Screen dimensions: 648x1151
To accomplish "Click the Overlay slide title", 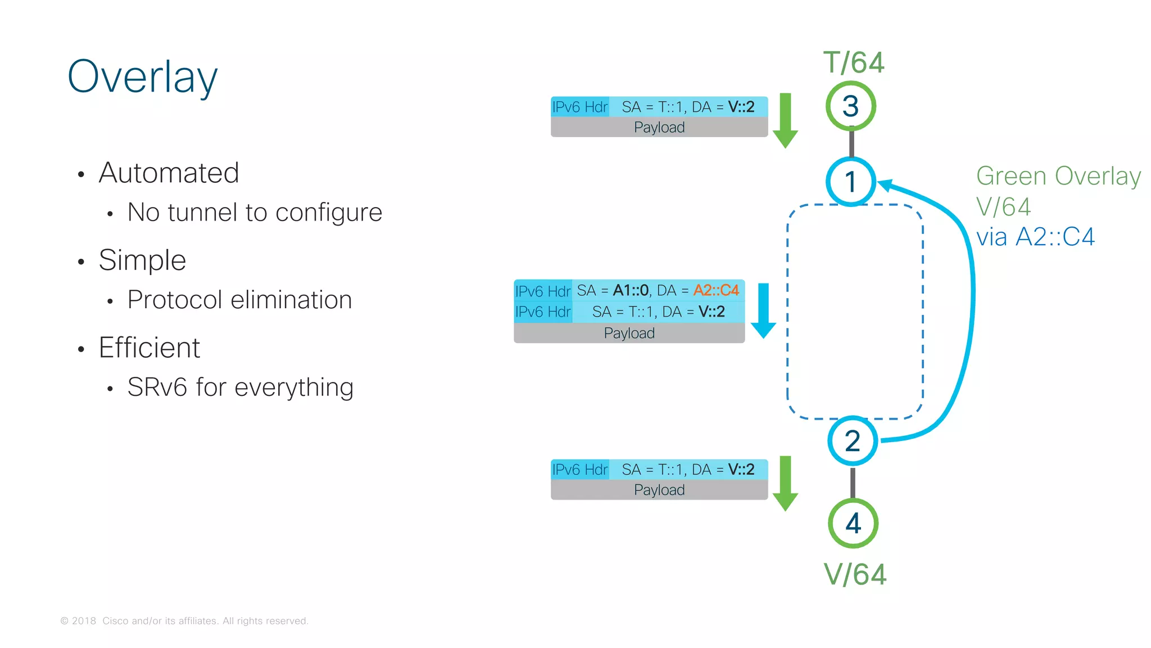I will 142,77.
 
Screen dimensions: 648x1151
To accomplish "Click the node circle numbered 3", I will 850,106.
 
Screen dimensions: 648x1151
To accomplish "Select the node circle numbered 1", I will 850,182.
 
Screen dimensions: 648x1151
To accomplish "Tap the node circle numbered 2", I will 852,441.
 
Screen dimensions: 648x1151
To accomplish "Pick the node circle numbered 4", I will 853,523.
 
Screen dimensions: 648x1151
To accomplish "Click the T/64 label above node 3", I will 854,62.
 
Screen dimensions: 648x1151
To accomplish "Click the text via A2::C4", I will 1035,237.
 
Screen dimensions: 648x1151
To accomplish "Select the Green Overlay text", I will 1058,176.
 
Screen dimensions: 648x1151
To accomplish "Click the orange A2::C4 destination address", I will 716,290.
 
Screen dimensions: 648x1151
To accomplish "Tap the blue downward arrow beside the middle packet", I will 763,310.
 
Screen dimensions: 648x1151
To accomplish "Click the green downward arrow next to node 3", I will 785,120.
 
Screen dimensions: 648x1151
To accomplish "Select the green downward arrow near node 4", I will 785,483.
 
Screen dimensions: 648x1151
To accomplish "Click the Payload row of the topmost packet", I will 659,127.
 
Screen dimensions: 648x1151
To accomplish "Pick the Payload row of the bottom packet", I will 659,490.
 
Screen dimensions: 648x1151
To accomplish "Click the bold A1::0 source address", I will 631,290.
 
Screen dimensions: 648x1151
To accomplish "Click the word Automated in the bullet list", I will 169,173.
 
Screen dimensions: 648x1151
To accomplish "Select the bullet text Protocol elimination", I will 239,300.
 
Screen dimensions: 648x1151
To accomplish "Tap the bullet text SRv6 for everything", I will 240,387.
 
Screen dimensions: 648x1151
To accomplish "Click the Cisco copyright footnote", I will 184,621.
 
